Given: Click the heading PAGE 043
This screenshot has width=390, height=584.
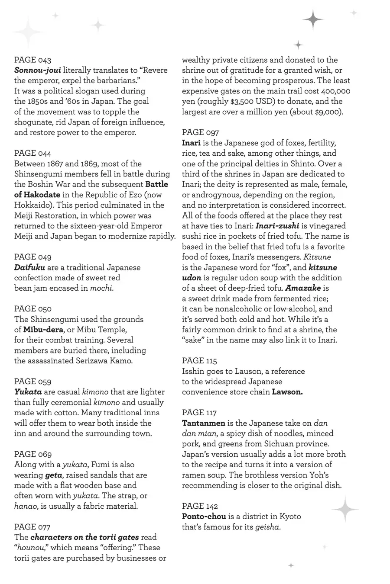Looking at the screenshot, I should tap(32, 60).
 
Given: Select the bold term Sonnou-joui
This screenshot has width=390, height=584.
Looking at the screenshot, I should tap(37, 70).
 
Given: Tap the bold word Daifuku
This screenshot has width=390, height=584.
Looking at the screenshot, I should tap(29, 267).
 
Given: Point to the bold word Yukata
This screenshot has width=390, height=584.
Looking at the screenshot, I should tap(28, 392).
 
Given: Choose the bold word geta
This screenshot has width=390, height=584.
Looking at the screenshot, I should tap(54, 475).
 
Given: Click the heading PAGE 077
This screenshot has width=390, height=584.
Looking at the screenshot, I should tap(32, 527).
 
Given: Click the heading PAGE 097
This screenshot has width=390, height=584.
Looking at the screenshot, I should tap(200, 132).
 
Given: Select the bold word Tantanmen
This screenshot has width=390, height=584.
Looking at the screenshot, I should tap(204, 423).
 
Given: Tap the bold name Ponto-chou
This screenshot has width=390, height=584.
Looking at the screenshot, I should tap(204, 517).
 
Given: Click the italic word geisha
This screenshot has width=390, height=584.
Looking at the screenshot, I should tap(268, 527).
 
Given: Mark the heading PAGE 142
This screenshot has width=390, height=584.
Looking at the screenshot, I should tap(200, 506).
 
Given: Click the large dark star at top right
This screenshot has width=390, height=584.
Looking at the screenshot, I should tap(312, 20).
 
